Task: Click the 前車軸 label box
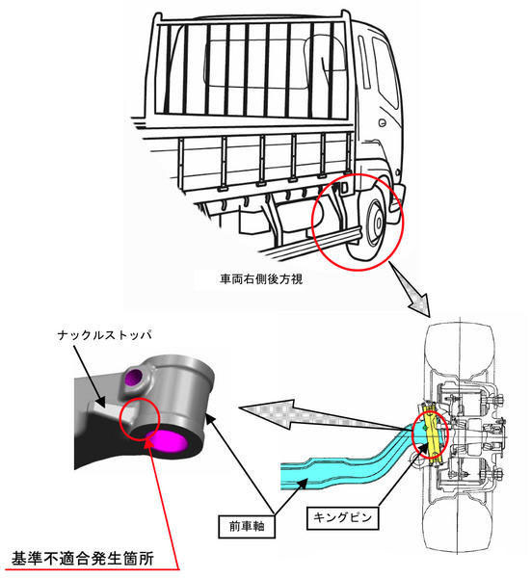tap(247, 526)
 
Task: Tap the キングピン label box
tap(342, 517)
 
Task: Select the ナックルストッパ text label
tap(105, 335)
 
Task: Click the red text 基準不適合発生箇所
tap(83, 558)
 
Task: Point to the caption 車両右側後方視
tap(261, 279)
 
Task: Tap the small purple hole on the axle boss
tap(134, 377)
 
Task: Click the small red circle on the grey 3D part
tap(140, 419)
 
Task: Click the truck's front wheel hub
tap(377, 223)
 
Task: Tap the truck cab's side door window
tap(385, 71)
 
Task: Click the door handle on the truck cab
tap(383, 123)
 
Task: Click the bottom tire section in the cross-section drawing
tap(459, 523)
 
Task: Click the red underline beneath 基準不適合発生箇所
tap(93, 569)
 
